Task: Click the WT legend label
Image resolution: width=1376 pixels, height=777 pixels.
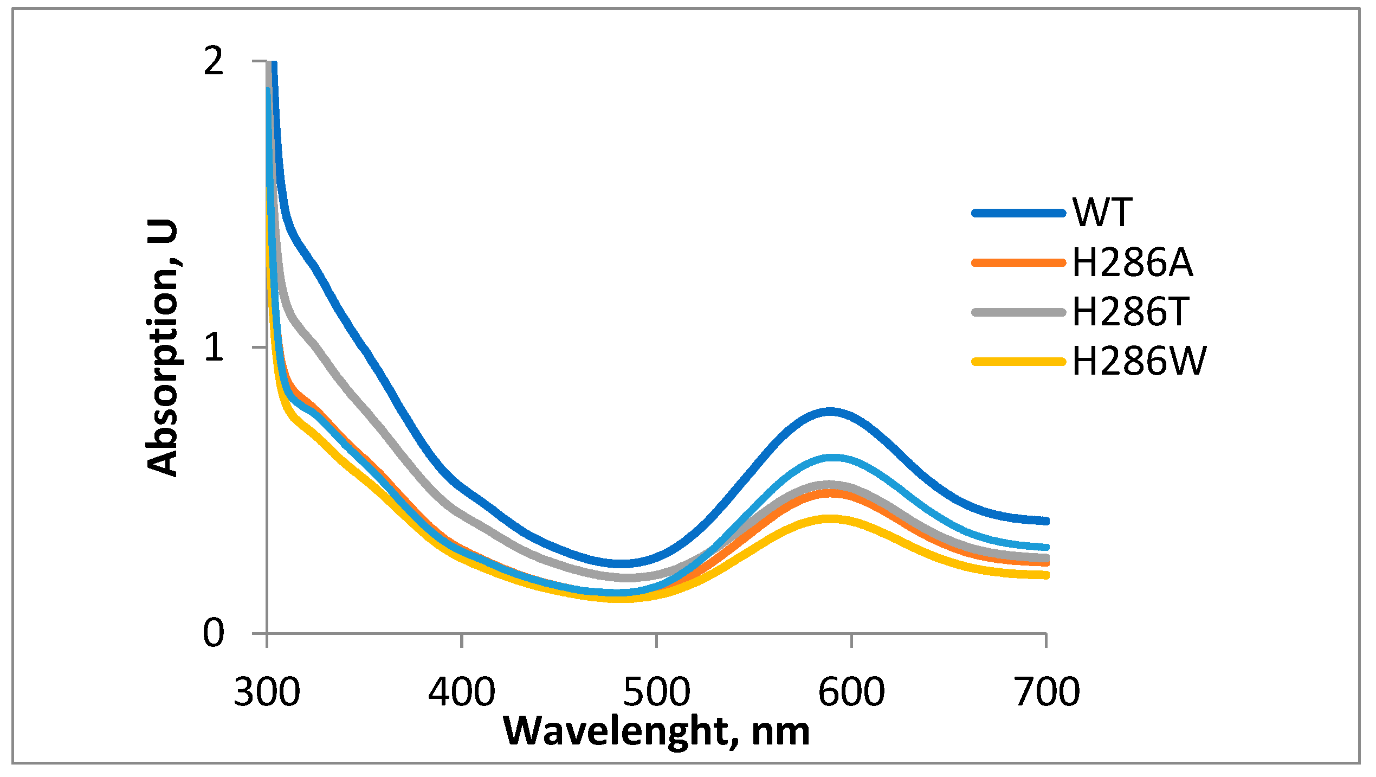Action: coord(1102,212)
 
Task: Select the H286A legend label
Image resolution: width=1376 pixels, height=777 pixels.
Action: coord(1133,262)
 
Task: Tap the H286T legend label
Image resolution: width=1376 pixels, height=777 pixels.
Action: coord(1130,312)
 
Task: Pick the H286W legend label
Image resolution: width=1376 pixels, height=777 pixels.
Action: coord(1139,361)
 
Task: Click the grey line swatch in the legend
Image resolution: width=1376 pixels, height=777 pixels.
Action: coord(1019,312)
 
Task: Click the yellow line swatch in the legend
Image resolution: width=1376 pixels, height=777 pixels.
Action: coord(1019,362)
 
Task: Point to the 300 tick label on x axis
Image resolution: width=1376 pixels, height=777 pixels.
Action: coord(267,692)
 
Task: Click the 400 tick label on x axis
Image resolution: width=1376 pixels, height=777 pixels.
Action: coord(462,692)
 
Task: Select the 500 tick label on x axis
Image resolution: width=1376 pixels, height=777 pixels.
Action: coord(657,692)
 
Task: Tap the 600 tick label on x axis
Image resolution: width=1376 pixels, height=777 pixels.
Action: coord(851,692)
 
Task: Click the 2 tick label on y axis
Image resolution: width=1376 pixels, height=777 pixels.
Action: coord(214,61)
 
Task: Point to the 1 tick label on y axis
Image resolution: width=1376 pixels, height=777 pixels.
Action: coord(215,347)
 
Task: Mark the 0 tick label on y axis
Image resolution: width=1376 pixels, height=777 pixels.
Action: coord(214,632)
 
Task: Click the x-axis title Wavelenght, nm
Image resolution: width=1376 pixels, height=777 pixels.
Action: coord(656,731)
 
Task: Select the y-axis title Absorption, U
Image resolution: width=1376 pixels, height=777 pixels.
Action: coord(162,348)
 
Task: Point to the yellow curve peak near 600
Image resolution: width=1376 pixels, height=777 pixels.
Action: coord(829,519)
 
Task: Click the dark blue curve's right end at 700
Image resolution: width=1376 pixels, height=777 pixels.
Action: coord(1045,521)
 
